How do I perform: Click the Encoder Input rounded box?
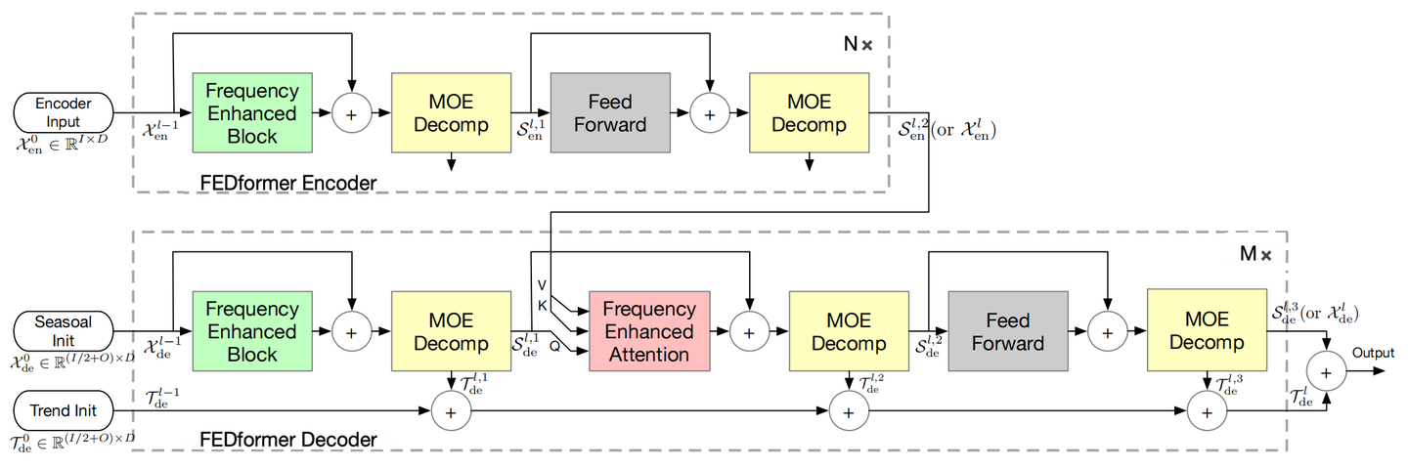[62, 113]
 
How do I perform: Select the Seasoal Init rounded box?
[62, 331]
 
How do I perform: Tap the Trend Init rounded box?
[62, 411]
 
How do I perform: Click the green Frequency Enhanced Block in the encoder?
[252, 113]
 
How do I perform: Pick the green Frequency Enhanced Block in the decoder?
[252, 331]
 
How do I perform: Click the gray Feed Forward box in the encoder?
[610, 113]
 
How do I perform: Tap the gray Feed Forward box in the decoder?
[1007, 332]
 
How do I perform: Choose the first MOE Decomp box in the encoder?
[451, 113]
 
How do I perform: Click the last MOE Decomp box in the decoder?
[1207, 331]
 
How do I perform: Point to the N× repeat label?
[858, 46]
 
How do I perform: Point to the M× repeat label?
[1255, 254]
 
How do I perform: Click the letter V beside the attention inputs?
[542, 284]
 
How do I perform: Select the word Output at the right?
[1372, 353]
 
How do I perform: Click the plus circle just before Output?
[1327, 373]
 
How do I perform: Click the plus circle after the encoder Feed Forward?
[710, 113]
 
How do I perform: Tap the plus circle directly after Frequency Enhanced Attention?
[749, 332]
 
